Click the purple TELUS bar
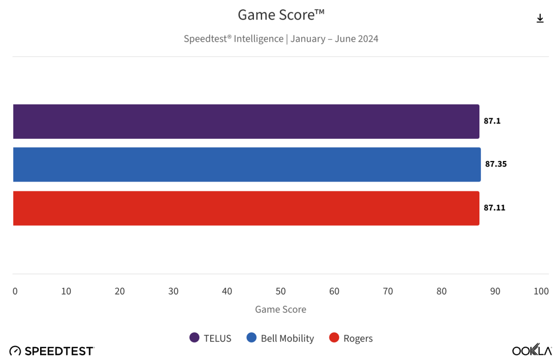coord(246,121)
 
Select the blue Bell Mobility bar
coord(247,165)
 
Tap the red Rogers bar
coord(246,208)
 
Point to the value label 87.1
coord(492,121)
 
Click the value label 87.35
coord(496,165)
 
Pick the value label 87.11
coord(494,208)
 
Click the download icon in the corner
coord(540,19)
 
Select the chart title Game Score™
coord(281,15)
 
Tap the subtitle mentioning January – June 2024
coord(281,39)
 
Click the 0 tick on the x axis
coord(15,291)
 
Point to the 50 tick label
coord(281,291)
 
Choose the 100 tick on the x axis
coord(541,291)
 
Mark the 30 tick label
coord(173,291)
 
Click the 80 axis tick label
coord(441,291)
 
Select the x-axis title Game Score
coord(281,309)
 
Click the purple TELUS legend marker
coord(194,338)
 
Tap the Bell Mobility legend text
coord(287,338)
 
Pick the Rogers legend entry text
coord(358,338)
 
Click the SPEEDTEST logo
coord(52,351)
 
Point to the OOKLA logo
coord(532,350)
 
